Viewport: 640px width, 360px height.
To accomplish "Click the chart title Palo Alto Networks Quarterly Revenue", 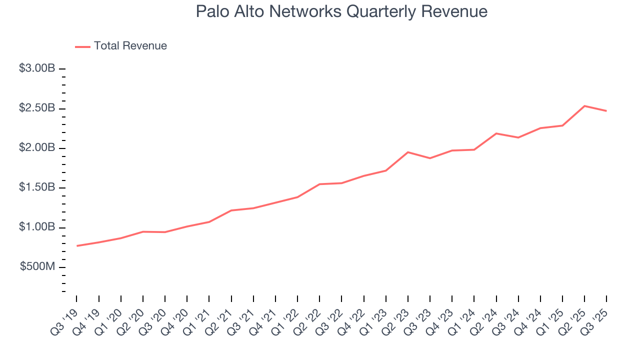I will tap(341, 11).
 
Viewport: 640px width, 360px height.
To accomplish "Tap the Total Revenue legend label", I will tap(130, 46).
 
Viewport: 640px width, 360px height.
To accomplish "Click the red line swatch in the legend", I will tap(82, 46).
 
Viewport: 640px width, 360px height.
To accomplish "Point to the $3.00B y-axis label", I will tap(37, 68).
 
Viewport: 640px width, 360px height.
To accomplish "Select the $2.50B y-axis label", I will tap(37, 108).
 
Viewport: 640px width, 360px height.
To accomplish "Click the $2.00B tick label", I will tap(37, 148).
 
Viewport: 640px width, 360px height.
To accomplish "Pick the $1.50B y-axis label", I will tap(37, 187).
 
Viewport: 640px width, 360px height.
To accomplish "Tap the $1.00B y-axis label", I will tap(37, 227).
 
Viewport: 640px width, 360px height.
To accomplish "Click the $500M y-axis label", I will tap(37, 267).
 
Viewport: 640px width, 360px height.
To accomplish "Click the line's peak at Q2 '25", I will tap(584, 106).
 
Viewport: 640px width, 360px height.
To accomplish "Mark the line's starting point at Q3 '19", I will tap(77, 246).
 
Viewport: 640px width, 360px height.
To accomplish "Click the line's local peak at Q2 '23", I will tap(408, 152).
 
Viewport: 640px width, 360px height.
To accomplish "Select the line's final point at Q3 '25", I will tap(606, 111).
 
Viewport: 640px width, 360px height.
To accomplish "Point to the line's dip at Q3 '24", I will tap(518, 137).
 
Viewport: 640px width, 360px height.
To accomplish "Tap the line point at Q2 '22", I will tap(319, 184).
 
